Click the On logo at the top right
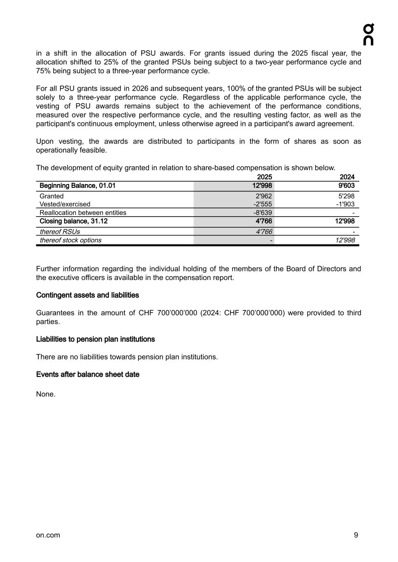(x=368, y=35)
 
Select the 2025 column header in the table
(x=264, y=177)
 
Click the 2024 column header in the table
(x=347, y=177)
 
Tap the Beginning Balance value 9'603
(x=346, y=186)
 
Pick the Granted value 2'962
(x=264, y=196)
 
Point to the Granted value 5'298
(x=346, y=196)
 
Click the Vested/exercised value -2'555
(x=262, y=204)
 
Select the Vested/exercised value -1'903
(x=345, y=204)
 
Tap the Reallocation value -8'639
(x=262, y=212)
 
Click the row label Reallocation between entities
(x=83, y=212)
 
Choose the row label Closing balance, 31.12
(x=73, y=221)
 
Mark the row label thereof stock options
(x=70, y=240)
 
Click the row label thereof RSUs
(x=60, y=231)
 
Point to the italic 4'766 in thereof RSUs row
(x=264, y=231)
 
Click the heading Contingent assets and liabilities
(x=87, y=295)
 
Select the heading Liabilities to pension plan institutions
(x=95, y=339)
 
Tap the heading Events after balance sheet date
(x=87, y=374)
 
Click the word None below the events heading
(x=45, y=394)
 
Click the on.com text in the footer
(x=48, y=535)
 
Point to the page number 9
(x=356, y=535)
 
